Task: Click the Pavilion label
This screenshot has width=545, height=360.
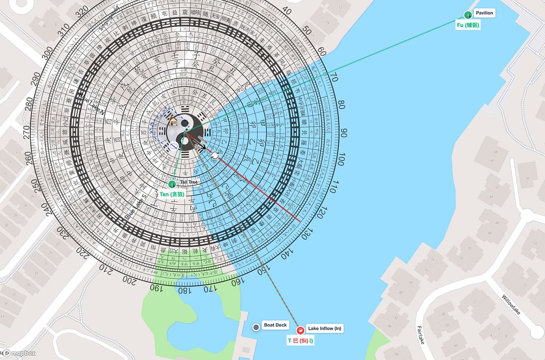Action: click(x=484, y=13)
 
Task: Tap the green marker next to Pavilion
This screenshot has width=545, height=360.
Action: click(x=468, y=15)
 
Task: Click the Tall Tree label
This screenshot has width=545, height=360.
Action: click(x=188, y=182)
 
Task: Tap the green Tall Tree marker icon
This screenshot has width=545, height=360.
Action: click(x=172, y=184)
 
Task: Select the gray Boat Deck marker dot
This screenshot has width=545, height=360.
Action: click(x=256, y=327)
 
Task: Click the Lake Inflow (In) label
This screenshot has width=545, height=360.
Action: click(x=324, y=329)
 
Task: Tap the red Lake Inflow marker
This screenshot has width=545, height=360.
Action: click(x=300, y=330)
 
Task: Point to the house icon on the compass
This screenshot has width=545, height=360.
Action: click(x=173, y=122)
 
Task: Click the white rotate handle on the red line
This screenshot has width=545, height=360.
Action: click(x=214, y=155)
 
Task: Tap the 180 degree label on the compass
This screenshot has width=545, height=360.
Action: click(x=182, y=291)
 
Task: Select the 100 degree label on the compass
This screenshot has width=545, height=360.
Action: click(x=341, y=158)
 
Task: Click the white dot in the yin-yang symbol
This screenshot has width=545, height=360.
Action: click(x=184, y=141)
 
